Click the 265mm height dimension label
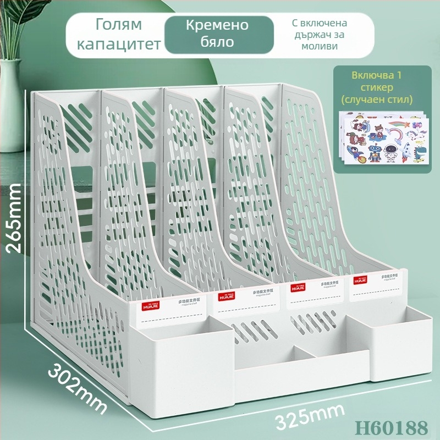[15, 218]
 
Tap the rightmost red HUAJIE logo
[360, 280]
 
